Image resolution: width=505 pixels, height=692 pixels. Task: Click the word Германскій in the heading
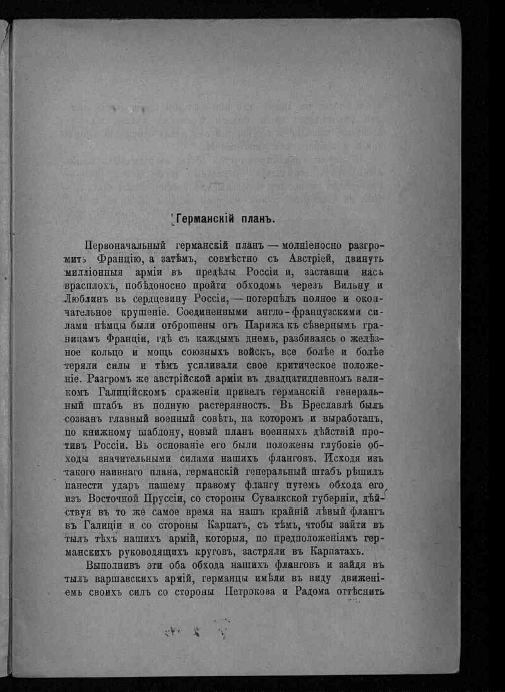pos(203,220)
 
